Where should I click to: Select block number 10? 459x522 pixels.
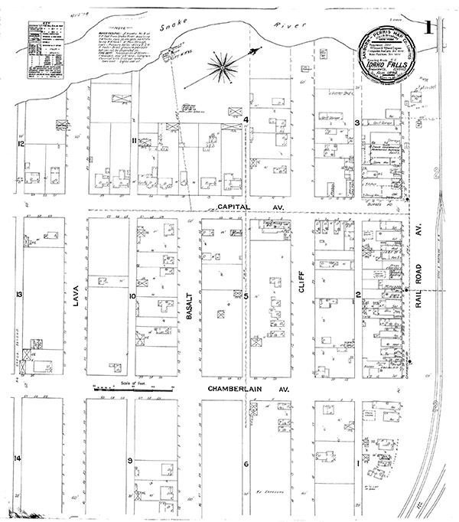tap(132, 295)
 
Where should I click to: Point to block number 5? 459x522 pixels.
tap(246, 295)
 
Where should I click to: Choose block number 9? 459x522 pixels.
tap(131, 459)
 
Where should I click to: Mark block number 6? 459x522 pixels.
tap(246, 465)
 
